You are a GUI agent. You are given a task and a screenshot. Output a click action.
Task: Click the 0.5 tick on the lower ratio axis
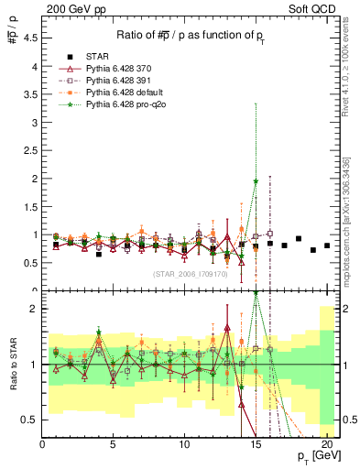click(30, 420)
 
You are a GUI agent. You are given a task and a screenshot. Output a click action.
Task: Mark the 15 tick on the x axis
click(256, 444)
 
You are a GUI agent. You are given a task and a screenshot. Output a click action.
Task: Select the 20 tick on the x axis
click(326, 444)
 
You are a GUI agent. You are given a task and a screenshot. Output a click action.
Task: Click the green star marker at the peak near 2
click(256, 181)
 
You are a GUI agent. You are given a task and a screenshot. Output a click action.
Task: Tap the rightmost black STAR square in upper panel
click(326, 245)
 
